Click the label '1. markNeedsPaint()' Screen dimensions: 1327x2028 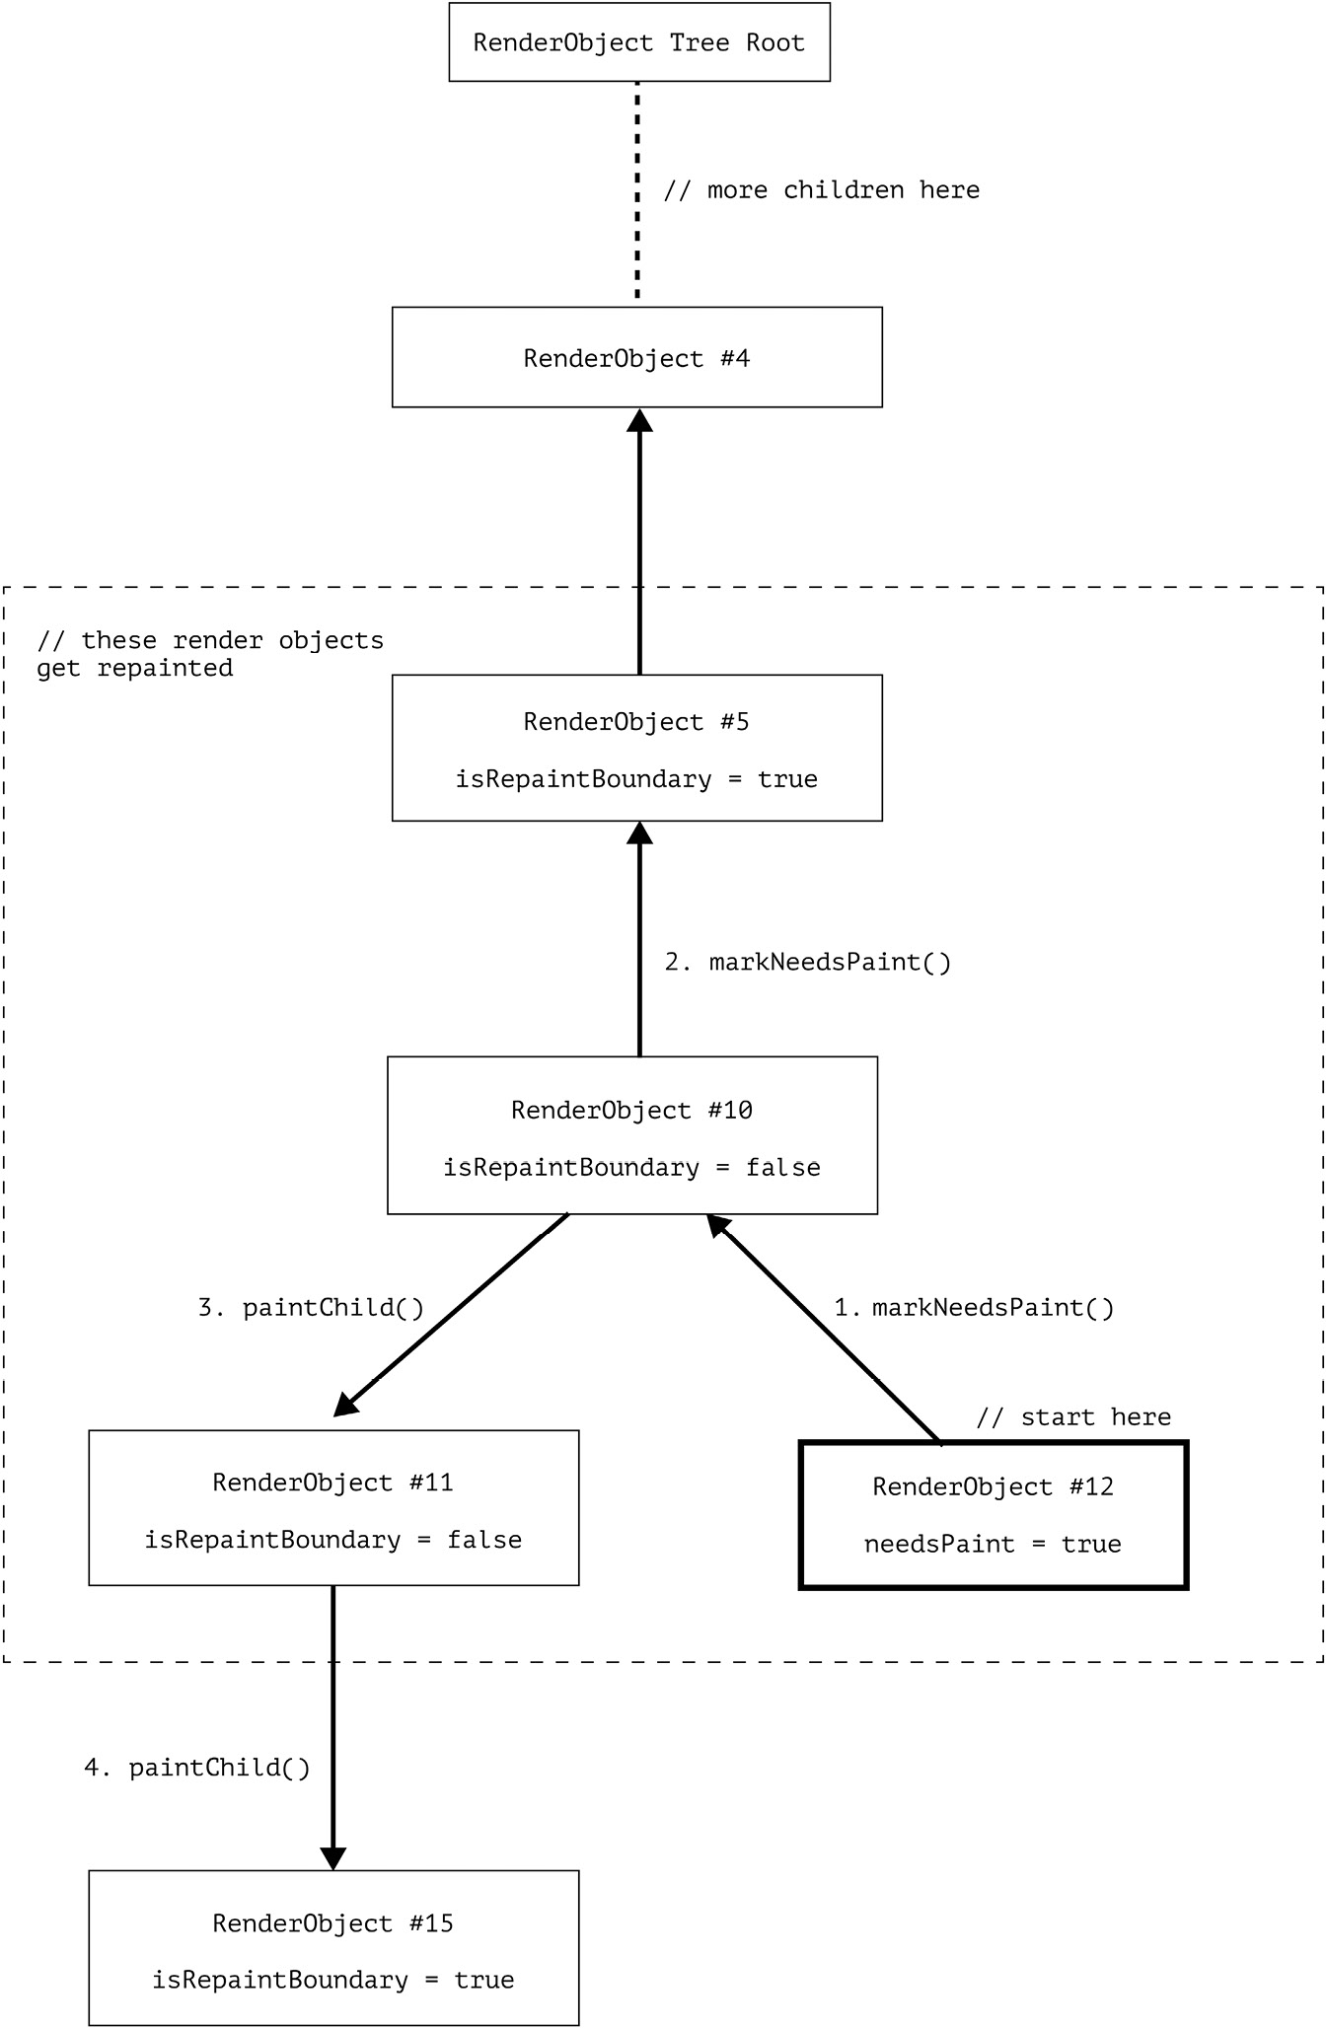[974, 1307]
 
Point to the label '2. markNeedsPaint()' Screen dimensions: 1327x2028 [808, 962]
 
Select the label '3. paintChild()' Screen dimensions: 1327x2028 [311, 1307]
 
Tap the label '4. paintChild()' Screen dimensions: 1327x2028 [197, 1768]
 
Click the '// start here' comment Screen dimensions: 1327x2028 [1073, 1417]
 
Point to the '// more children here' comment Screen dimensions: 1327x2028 [822, 189]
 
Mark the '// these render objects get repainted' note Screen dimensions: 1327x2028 [210, 654]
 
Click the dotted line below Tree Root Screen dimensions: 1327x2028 [637, 190]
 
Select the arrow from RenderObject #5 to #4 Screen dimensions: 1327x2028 [639, 542]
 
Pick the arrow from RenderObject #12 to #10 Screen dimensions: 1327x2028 [823, 1329]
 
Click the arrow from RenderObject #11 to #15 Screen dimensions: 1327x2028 [333, 1728]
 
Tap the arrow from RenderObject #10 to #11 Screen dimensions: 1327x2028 [451, 1315]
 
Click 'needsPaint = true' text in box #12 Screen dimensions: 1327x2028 [993, 1544]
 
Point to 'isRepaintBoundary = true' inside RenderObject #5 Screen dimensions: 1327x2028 [636, 779]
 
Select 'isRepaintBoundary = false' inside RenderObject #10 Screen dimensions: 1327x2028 [631, 1168]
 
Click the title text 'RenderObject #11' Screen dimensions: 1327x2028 [333, 1483]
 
